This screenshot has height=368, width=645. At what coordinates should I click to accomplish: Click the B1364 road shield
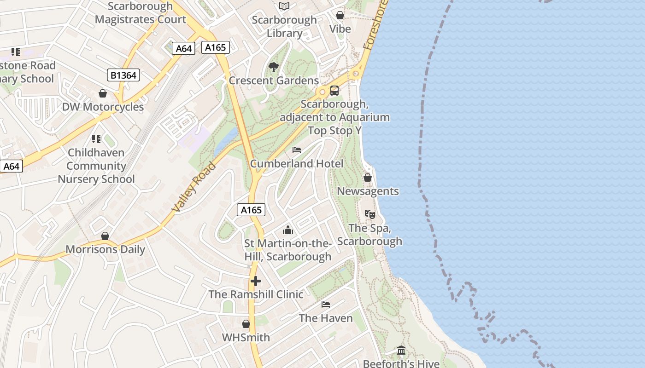[123, 75]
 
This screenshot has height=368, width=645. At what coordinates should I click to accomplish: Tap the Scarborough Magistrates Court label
[141, 13]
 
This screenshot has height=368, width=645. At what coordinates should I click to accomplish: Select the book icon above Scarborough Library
[284, 6]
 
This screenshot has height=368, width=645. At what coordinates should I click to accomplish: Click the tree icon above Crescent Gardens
[274, 67]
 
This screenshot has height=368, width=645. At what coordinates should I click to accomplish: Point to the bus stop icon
[334, 91]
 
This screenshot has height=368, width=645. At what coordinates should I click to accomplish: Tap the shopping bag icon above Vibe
[340, 16]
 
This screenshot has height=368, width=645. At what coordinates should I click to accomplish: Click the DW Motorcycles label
[103, 107]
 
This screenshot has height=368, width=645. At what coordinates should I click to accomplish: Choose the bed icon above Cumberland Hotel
[297, 150]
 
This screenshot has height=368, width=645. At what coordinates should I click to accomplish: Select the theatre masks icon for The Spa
[369, 214]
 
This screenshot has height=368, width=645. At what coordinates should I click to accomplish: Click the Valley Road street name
[193, 187]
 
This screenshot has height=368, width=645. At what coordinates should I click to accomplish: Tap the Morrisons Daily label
[105, 250]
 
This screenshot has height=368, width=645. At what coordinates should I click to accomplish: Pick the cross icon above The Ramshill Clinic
[256, 281]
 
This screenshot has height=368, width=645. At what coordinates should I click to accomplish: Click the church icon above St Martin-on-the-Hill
[288, 230]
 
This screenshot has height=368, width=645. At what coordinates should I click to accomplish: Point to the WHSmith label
[246, 338]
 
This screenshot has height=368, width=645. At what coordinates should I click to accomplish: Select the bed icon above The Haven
[326, 305]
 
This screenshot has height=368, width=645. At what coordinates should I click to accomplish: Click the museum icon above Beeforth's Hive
[401, 351]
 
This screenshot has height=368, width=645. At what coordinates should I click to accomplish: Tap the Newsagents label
[368, 191]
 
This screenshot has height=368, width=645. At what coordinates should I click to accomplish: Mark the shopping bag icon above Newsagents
[368, 178]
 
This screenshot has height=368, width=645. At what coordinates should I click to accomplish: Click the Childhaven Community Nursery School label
[96, 166]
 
